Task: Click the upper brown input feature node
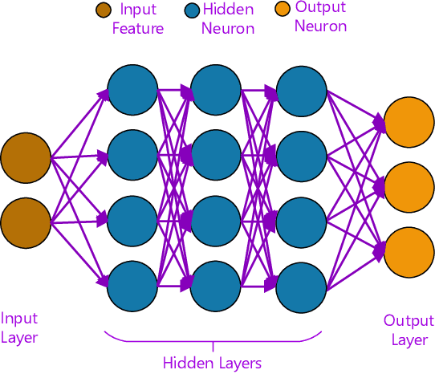[x=26, y=157]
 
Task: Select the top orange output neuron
[x=409, y=121]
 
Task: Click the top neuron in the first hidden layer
[x=133, y=89]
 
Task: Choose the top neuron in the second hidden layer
[x=217, y=89]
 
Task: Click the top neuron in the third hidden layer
[x=300, y=89]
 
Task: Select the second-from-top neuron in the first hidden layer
[x=133, y=153]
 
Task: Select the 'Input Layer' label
[x=19, y=327]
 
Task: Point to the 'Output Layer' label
[x=409, y=330]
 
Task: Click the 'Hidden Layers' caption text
[x=212, y=363]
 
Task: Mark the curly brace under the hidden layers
[x=212, y=339]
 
